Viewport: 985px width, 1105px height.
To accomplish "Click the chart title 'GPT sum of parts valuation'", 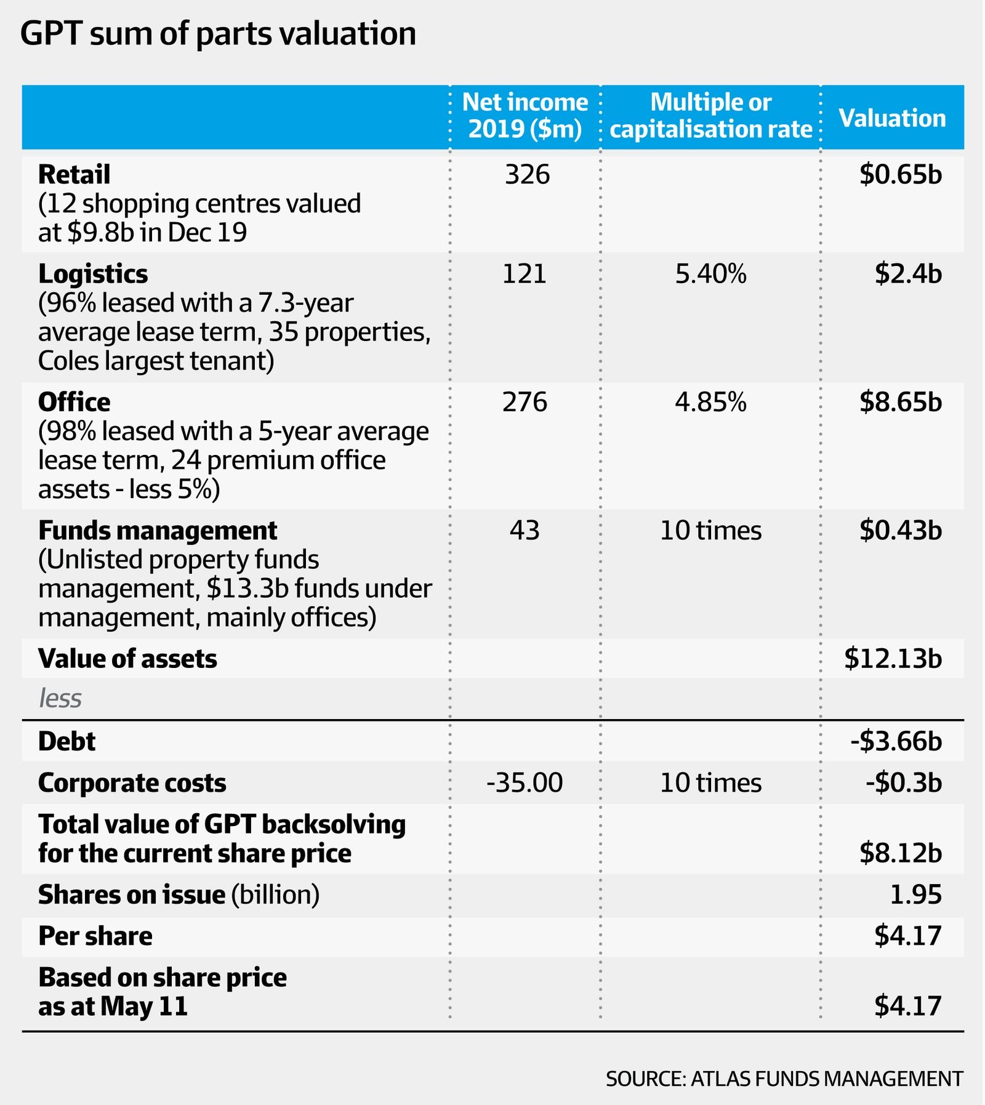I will tap(218, 34).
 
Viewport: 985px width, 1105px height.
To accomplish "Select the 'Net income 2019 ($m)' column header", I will tap(525, 116).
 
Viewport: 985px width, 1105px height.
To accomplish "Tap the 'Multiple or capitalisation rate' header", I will tap(710, 116).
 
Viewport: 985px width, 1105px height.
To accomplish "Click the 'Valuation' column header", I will tap(892, 118).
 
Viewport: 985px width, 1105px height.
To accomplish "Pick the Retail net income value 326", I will tap(527, 175).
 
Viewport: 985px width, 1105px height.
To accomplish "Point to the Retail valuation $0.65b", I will tap(901, 175).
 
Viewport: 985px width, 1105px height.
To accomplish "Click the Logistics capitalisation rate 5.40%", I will tap(710, 274).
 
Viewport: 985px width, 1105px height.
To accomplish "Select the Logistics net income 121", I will tap(525, 274).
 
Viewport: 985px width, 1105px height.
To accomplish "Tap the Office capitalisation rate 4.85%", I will tap(710, 403).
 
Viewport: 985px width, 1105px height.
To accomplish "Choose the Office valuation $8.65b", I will tap(901, 403).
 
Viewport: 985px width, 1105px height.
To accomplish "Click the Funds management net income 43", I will tap(525, 531).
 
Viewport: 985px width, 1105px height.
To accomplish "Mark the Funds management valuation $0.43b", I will tap(901, 531).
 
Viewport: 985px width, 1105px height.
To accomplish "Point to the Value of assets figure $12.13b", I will tap(893, 659).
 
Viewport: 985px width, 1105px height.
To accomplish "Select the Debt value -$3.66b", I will tap(896, 742).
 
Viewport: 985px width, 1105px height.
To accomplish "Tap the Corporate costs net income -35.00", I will tap(525, 783).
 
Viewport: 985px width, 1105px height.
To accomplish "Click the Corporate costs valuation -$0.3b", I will tap(904, 783).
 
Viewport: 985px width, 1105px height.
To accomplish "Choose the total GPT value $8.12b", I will tap(901, 853).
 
